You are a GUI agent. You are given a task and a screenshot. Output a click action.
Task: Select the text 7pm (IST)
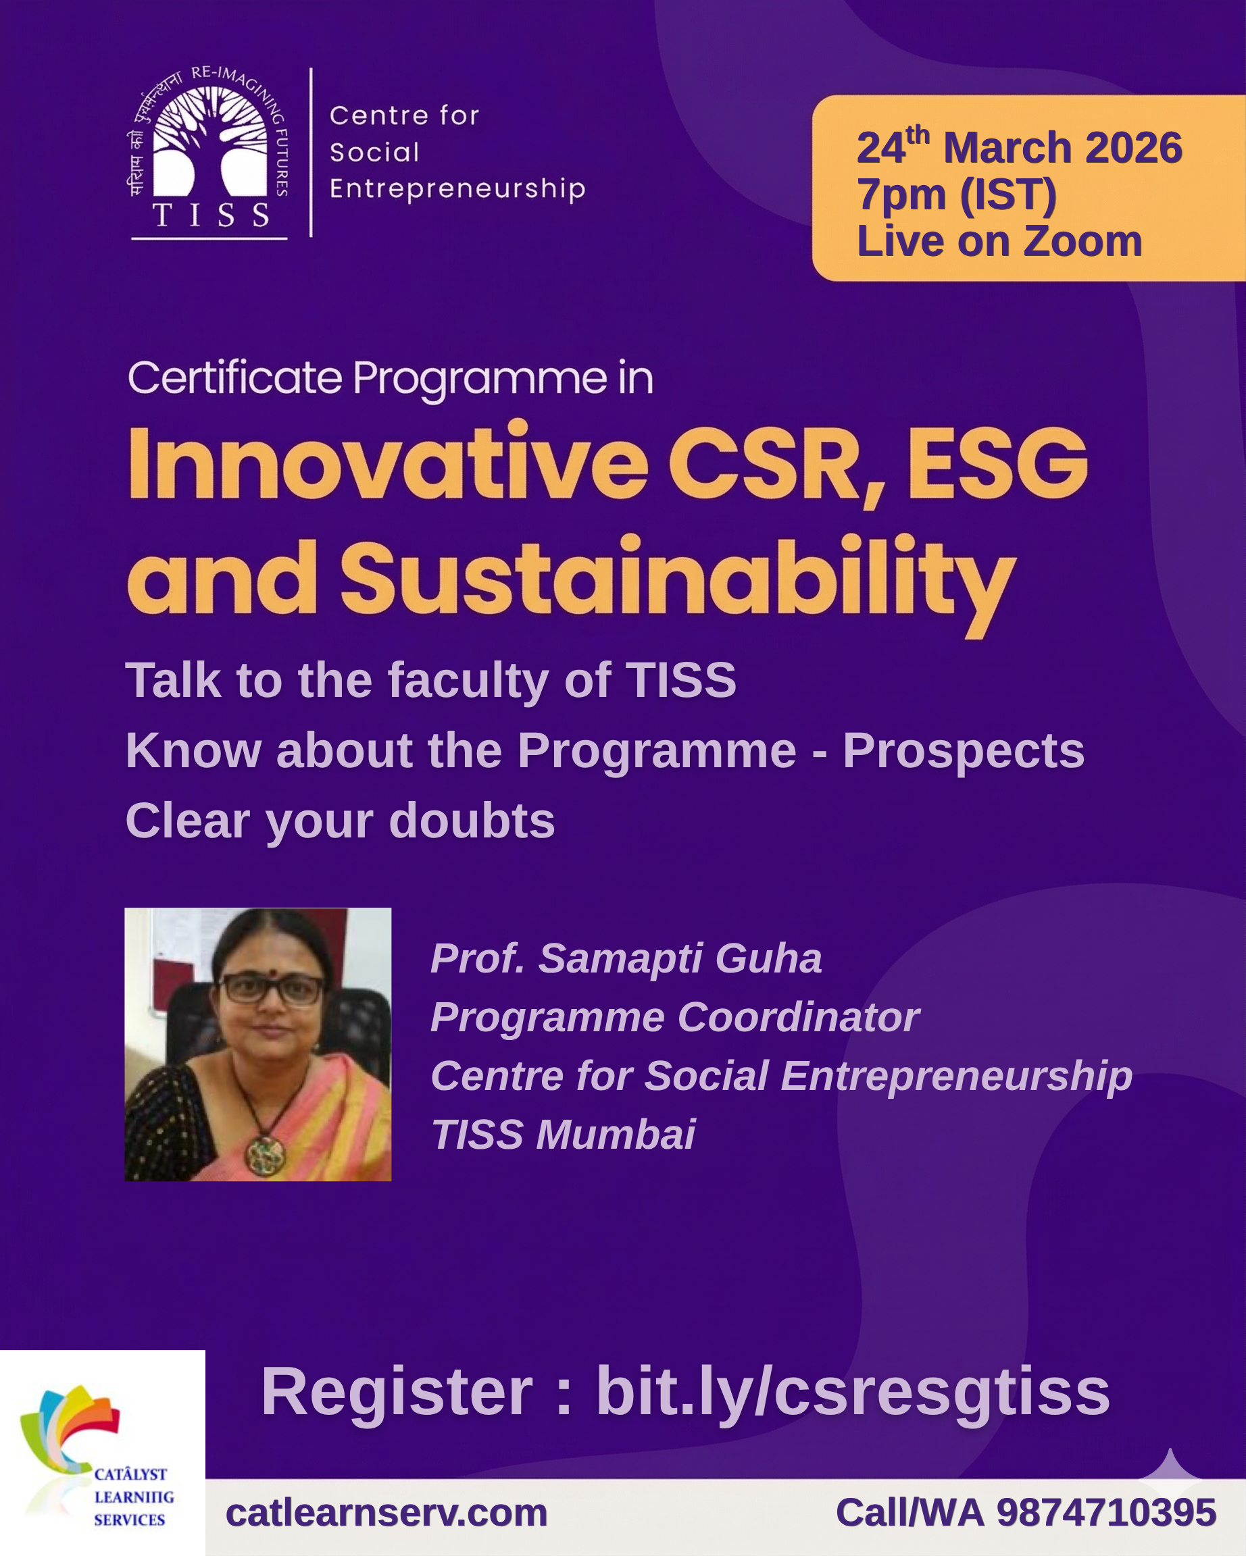coord(957,195)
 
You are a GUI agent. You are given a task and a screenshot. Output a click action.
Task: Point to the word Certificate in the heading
coord(234,378)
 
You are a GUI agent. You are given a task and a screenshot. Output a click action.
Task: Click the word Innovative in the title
coord(388,463)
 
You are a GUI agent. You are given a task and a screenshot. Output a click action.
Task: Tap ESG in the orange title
coord(997,463)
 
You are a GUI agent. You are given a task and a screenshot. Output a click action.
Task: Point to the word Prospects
coord(963,750)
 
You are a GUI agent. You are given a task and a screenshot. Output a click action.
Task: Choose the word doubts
coord(472,821)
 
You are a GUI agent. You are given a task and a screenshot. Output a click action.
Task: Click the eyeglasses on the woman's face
coord(271,989)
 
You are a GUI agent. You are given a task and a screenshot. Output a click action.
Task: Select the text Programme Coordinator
coord(675,1018)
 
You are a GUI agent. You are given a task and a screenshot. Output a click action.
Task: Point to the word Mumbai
coord(615,1134)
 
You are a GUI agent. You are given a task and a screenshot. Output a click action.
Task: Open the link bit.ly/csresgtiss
coord(853,1392)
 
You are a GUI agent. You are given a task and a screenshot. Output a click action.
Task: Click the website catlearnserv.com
coord(387,1513)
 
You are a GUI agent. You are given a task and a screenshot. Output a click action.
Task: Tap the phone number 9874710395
coord(1107,1513)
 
